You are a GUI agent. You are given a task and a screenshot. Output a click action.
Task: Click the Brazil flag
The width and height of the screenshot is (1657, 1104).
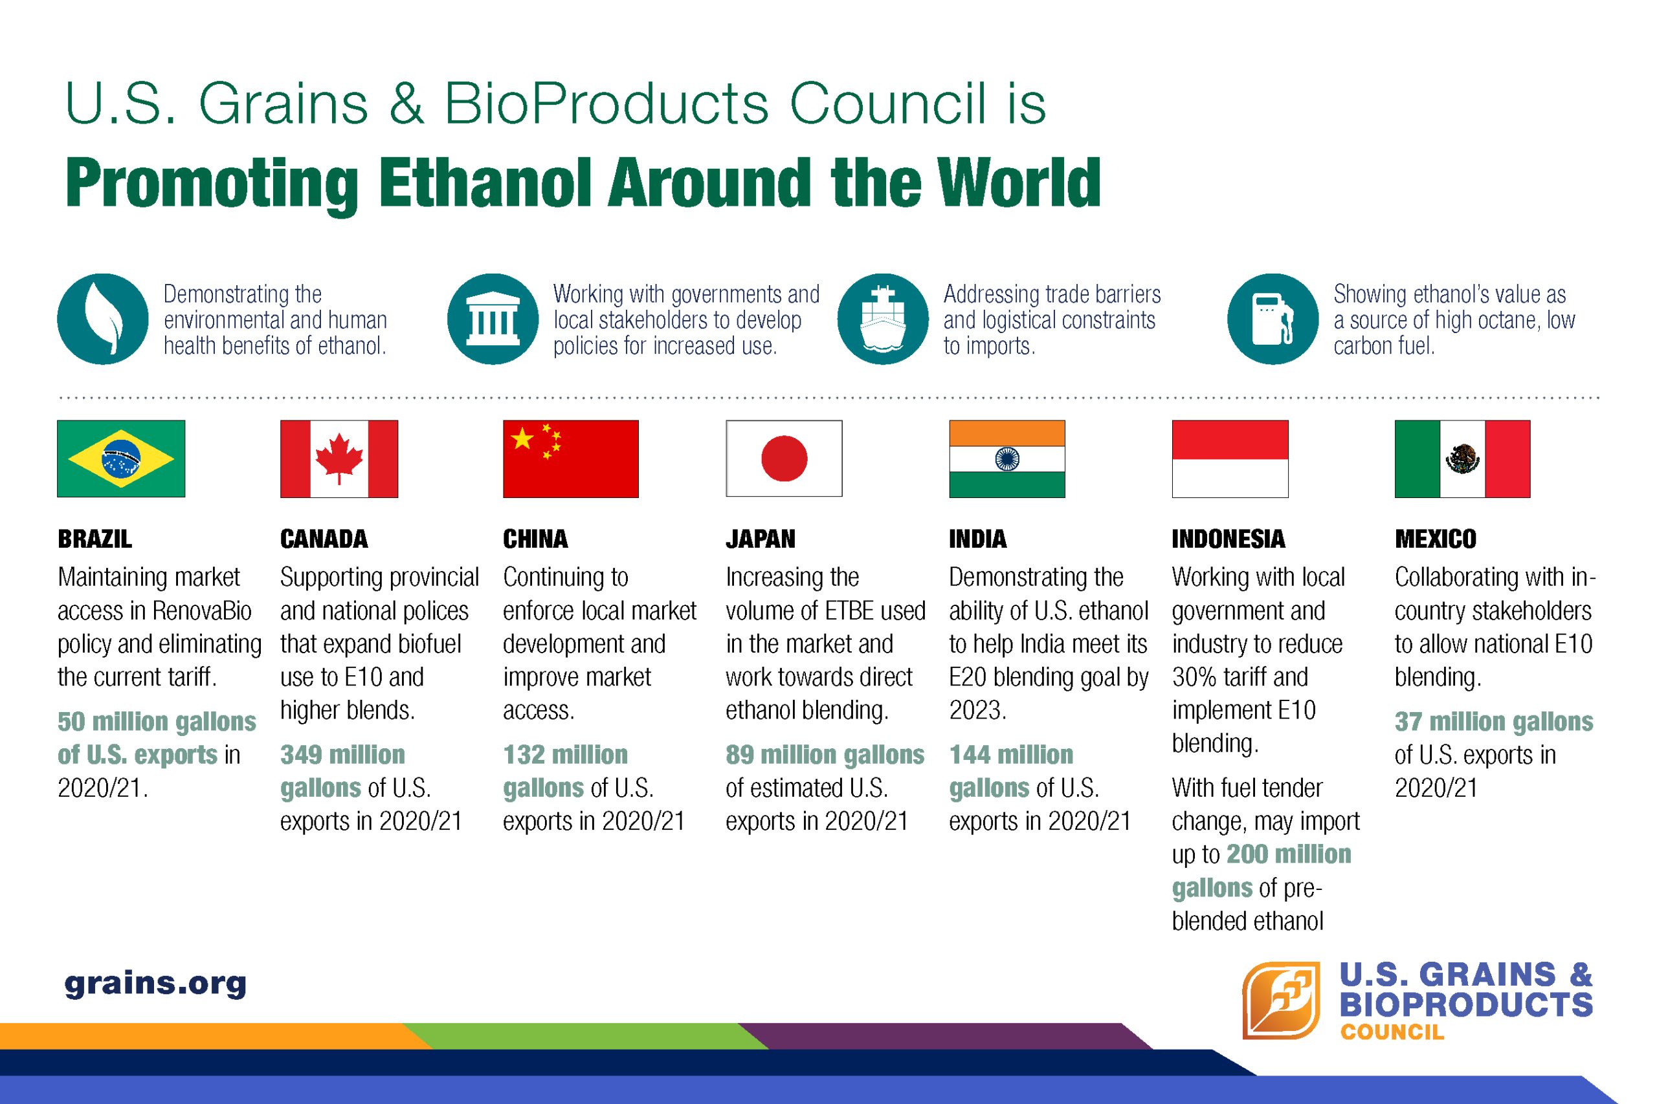click(121, 459)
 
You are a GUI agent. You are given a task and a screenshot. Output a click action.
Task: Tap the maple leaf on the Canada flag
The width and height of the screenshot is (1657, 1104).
click(339, 459)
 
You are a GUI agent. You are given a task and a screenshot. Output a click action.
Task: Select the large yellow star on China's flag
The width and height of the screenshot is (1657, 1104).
click(522, 438)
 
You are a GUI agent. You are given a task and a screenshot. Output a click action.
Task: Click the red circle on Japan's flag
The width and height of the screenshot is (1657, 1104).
click(784, 459)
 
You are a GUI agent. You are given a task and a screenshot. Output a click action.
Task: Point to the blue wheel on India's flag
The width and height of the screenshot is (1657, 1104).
click(1006, 459)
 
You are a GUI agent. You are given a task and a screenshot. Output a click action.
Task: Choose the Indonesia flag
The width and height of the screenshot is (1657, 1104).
click(1230, 459)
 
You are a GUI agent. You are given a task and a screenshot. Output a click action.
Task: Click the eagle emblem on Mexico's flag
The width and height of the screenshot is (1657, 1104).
click(1463, 459)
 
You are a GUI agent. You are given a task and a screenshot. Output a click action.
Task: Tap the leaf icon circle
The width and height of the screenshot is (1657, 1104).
click(103, 319)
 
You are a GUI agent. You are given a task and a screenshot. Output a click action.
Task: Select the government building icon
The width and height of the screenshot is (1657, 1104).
click(493, 319)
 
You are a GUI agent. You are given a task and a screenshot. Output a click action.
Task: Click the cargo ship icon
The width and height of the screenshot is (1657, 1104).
click(883, 319)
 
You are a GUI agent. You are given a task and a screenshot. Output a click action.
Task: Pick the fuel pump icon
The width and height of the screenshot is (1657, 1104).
click(1273, 319)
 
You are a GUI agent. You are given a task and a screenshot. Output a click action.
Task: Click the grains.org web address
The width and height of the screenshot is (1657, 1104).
click(156, 984)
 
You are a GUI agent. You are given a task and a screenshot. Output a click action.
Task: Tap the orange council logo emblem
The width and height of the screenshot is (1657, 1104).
click(1280, 1000)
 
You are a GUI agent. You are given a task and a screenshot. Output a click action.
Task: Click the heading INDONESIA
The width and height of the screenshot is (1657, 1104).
click(1229, 539)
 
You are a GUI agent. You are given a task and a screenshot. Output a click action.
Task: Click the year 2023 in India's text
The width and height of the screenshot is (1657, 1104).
click(975, 710)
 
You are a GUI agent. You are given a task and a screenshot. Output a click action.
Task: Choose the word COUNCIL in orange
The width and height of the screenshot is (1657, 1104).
click(1392, 1032)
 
